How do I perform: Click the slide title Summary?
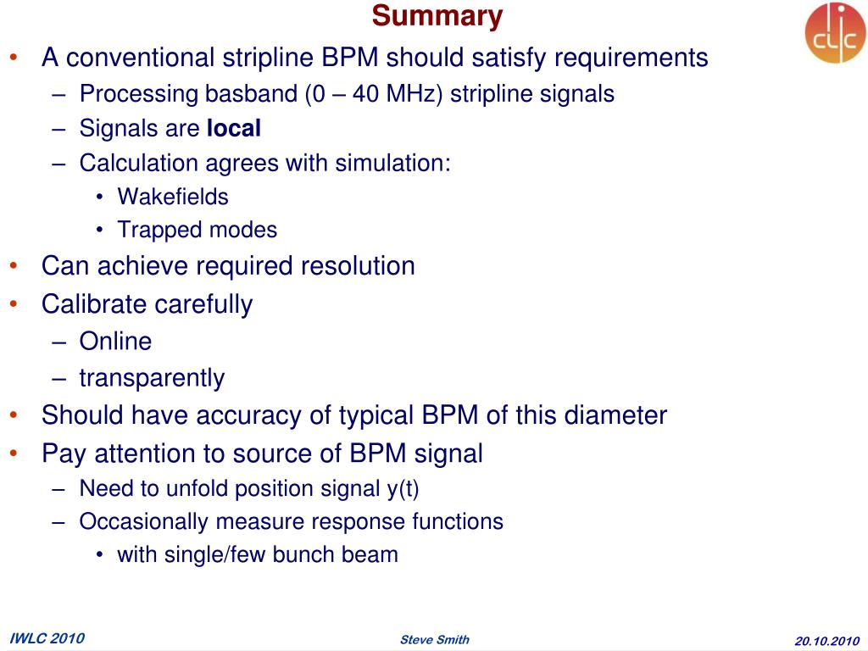click(437, 16)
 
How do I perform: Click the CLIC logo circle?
click(835, 33)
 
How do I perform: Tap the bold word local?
click(234, 129)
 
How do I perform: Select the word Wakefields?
click(173, 197)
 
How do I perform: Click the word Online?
click(115, 342)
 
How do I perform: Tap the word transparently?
click(152, 378)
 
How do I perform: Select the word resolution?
click(359, 266)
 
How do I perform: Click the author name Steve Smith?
click(434, 639)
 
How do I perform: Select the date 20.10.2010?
click(827, 640)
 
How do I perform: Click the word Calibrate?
click(95, 304)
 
